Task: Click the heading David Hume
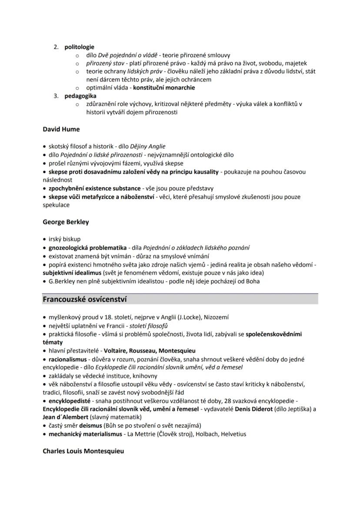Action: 61,129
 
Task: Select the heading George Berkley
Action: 66,222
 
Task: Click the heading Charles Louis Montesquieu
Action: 83,451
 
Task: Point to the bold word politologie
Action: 80,47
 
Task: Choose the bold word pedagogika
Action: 80,96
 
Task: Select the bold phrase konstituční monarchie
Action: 164,87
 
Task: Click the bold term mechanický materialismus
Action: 83,434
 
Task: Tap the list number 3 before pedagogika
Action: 56,96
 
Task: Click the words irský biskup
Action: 64,239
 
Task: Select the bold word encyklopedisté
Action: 69,401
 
